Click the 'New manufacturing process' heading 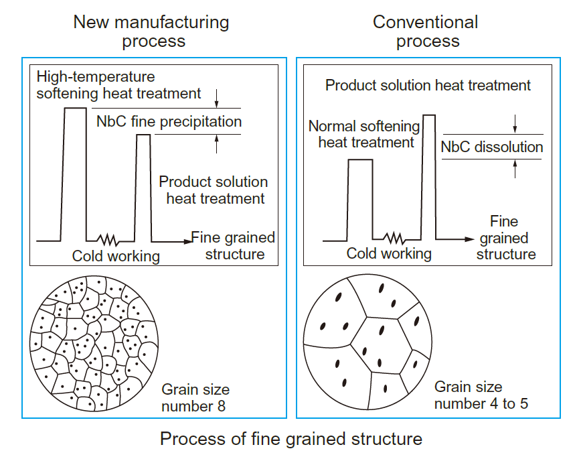pos(151,31)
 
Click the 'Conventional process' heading pos(426,31)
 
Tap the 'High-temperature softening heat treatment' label pos(118,85)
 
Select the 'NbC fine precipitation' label pos(169,122)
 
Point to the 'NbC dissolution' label pos(492,147)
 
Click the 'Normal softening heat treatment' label pos(365,134)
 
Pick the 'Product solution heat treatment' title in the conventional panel pos(428,86)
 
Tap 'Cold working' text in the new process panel pos(116,256)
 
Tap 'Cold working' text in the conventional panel pos(389,253)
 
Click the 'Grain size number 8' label pos(195,398)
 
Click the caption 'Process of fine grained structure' pos(291,440)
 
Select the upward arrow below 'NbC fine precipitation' pos(217,142)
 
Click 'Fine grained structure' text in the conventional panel pos(505,238)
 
